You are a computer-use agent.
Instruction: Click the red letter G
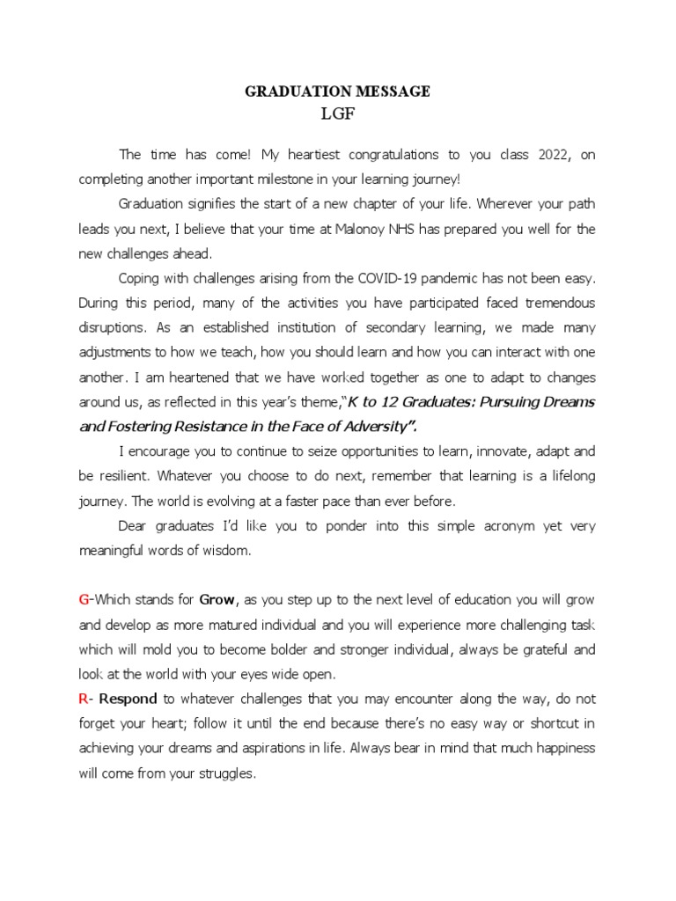(x=84, y=600)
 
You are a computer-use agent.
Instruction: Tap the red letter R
(x=84, y=700)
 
